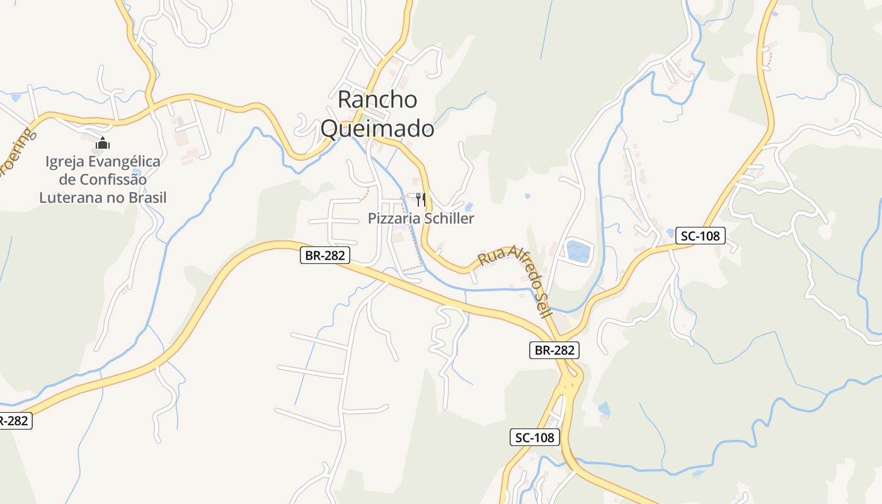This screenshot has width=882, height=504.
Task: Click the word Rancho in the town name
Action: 377,100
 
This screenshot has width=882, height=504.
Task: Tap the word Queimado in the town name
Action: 377,129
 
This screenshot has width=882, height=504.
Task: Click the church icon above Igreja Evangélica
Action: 102,143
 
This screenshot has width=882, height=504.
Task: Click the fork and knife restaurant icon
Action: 421,200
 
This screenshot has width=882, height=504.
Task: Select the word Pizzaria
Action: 394,219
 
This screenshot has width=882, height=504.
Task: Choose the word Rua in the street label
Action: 488,256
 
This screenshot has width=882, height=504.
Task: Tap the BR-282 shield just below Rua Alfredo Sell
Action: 554,350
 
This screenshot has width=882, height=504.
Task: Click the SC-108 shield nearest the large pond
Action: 701,236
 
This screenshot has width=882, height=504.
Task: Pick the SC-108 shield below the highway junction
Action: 534,437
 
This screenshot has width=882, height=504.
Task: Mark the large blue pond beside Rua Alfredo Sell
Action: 578,251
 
